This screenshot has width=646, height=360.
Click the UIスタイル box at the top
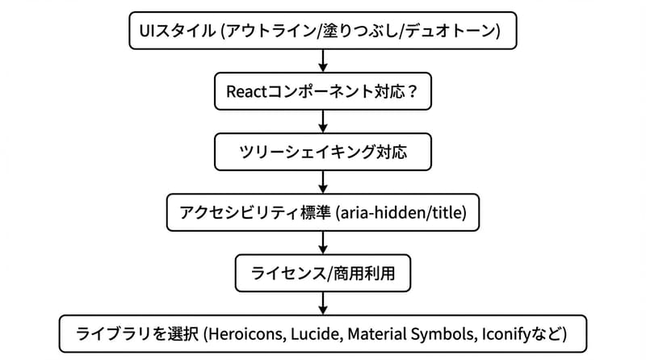click(x=323, y=31)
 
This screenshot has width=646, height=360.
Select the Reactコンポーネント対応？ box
click(x=323, y=91)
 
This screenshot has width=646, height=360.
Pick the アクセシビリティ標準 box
click(x=323, y=212)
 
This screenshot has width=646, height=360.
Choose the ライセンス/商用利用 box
click(x=323, y=273)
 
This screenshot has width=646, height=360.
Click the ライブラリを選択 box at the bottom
click(x=323, y=333)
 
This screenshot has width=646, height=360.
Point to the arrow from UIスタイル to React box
click(x=323, y=61)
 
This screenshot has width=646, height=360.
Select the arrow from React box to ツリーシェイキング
click(x=323, y=122)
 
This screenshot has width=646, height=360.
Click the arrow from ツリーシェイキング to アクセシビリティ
click(x=323, y=182)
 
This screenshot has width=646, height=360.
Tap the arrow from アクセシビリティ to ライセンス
click(x=323, y=243)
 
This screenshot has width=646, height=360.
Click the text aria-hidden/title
click(x=404, y=212)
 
